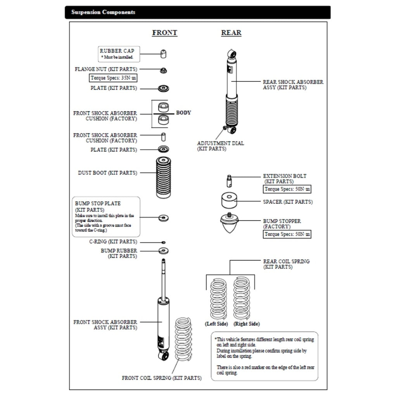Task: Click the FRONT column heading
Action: (164, 33)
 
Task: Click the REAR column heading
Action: (231, 33)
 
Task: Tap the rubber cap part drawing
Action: (164, 54)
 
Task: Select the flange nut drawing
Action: (164, 70)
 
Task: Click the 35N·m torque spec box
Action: (113, 78)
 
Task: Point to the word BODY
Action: (183, 113)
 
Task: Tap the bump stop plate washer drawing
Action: (164, 217)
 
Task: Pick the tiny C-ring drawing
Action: (164, 242)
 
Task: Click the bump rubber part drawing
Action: (164, 250)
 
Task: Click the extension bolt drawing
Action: (229, 180)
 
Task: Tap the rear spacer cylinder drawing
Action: (229, 201)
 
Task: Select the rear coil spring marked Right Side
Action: (242, 298)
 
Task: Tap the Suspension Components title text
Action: (103, 12)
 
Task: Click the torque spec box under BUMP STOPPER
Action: (287, 234)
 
